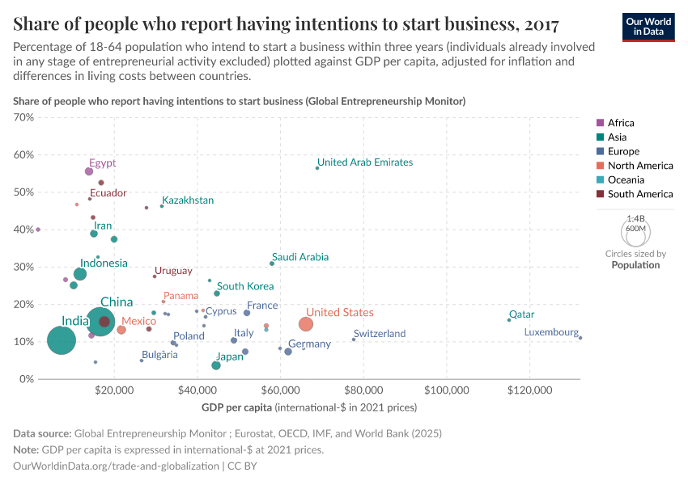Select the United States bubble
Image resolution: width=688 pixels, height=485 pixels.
tap(305, 324)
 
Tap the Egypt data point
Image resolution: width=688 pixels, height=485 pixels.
tap(89, 171)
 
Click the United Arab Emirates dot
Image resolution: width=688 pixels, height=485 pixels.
tap(317, 168)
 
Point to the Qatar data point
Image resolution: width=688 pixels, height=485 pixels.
tap(509, 320)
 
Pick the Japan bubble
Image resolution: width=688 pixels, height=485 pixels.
tap(216, 365)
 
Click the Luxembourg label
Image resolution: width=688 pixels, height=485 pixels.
tap(551, 332)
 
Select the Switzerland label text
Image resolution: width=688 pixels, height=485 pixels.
tap(380, 334)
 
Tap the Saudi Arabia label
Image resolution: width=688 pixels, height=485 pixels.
tap(300, 257)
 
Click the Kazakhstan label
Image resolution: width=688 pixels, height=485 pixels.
tap(188, 200)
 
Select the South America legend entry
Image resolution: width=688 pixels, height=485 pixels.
tap(639, 194)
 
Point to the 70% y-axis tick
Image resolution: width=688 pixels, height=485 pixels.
tap(23, 117)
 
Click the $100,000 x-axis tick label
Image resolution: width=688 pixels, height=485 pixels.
tap(446, 390)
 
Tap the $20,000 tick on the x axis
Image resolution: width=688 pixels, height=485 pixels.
tap(114, 390)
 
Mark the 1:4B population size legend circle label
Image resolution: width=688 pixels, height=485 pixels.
tap(636, 219)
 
